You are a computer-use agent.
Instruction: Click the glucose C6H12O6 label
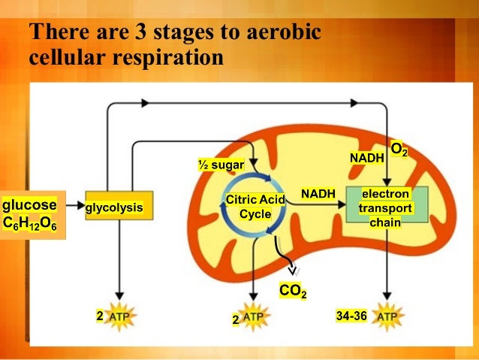coord(30,214)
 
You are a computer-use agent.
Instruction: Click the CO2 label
coord(292,290)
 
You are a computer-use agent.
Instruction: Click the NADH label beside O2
coord(367,158)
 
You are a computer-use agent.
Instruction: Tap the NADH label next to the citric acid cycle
coord(318,195)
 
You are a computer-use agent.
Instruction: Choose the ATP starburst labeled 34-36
coord(387,317)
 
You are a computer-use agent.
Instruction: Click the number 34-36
coord(351,316)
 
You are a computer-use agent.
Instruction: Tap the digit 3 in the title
coord(140,34)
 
